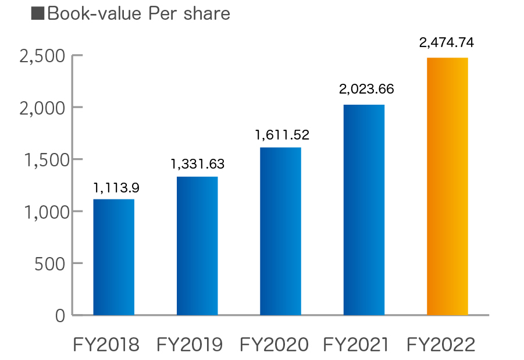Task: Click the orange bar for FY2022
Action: (x=447, y=186)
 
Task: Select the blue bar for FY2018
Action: (x=114, y=257)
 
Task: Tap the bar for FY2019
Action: (x=197, y=245)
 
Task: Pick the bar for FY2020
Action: (x=280, y=231)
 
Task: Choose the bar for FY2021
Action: (x=364, y=209)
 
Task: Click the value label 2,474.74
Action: (x=447, y=42)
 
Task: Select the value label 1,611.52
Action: (x=282, y=135)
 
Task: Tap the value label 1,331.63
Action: (x=198, y=164)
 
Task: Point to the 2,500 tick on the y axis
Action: (x=41, y=56)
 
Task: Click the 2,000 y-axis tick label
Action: (x=41, y=108)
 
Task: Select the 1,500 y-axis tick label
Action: (x=41, y=160)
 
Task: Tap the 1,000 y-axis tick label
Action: (x=41, y=212)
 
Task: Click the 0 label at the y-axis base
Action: (x=60, y=315)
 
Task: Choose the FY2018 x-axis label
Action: (x=106, y=345)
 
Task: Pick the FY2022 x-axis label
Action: (x=441, y=345)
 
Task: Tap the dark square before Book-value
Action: (x=38, y=13)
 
